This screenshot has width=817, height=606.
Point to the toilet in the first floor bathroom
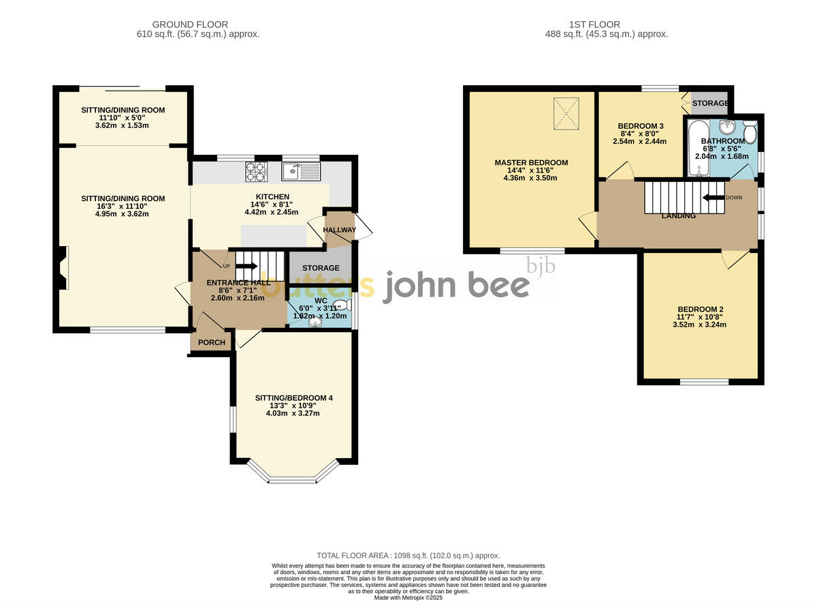(749, 129)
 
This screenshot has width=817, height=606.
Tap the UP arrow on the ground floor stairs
(246, 266)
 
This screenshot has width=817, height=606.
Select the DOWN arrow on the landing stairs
(714, 198)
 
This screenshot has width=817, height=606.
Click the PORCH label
(211, 342)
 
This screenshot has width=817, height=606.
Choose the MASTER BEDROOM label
(531, 162)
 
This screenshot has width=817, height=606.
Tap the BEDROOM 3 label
(640, 126)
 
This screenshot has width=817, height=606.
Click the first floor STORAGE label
(709, 104)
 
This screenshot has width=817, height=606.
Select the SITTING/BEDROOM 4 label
(293, 397)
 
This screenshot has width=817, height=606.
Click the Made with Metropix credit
(408, 597)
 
